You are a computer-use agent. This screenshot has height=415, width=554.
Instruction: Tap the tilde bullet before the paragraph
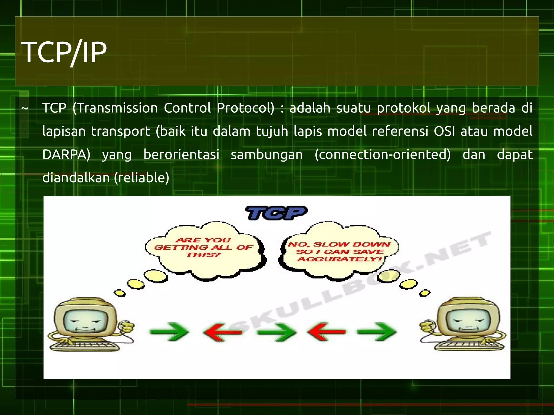(x=25, y=109)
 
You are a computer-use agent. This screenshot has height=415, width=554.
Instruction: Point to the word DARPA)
(x=66, y=155)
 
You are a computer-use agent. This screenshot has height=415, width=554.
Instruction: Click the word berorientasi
(x=181, y=155)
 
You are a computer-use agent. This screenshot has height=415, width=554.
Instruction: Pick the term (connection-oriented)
(x=382, y=155)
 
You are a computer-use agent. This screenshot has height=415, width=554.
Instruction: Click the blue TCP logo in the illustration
(x=276, y=213)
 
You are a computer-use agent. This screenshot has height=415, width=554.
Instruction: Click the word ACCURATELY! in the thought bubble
(x=339, y=259)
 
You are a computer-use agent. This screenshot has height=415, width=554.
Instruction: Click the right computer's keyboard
(x=469, y=345)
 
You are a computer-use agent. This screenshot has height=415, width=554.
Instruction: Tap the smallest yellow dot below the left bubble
(x=119, y=293)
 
